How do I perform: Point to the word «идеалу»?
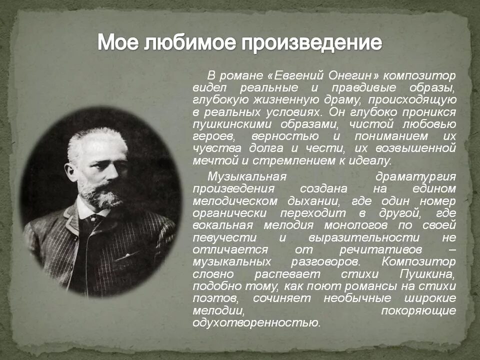point(367,160)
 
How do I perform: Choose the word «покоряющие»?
point(418,310)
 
